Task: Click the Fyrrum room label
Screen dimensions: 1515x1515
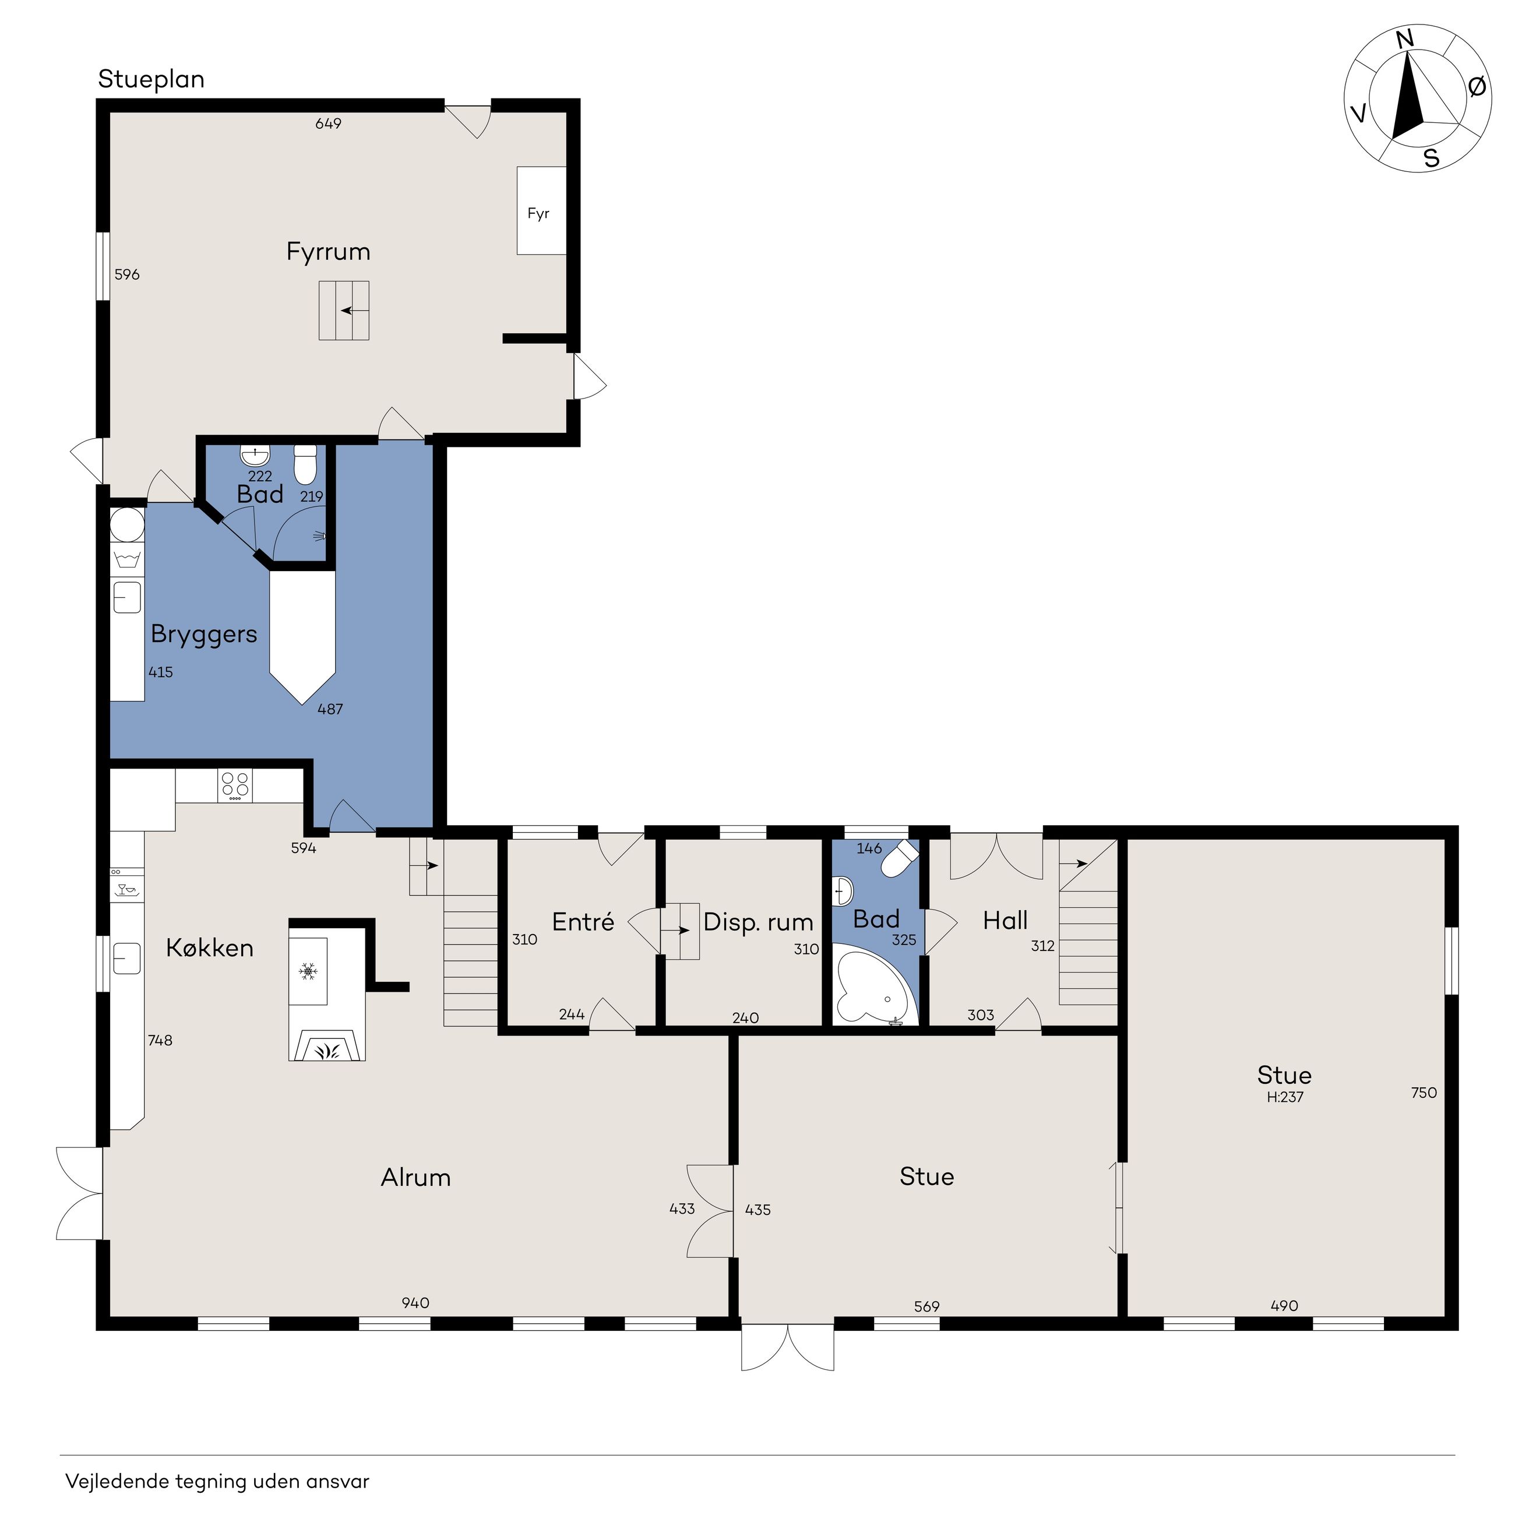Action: point(328,252)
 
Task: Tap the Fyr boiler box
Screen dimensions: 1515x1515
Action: point(541,210)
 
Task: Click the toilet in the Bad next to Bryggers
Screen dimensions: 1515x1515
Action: point(305,464)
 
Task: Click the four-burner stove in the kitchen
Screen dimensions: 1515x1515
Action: point(235,785)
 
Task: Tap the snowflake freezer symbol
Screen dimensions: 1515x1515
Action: point(308,971)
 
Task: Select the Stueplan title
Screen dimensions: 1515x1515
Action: point(151,79)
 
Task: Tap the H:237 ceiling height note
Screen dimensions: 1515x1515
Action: point(1284,1097)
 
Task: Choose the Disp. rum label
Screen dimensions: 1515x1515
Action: point(758,923)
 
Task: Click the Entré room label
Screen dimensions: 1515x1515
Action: point(583,922)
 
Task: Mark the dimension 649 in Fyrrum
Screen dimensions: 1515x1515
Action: point(329,123)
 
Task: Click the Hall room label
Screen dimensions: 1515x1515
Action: point(1005,921)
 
